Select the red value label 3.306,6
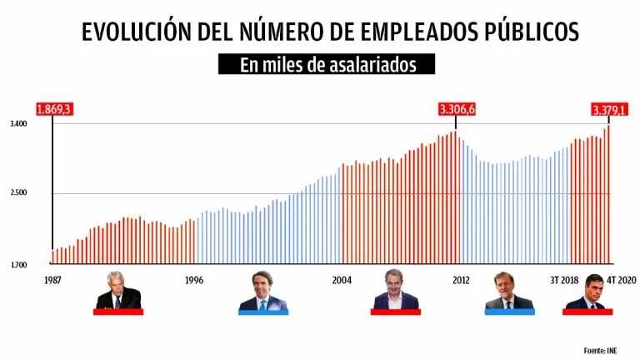click(x=457, y=109)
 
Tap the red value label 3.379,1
click(x=609, y=109)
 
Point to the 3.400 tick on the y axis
click(x=19, y=124)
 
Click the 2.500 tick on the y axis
click(x=19, y=193)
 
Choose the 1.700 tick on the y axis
click(x=19, y=265)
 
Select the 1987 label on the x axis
click(x=53, y=280)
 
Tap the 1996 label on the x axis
click(x=194, y=280)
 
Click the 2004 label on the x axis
click(x=342, y=280)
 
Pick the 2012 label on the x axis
click(x=460, y=280)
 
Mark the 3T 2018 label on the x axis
click(x=564, y=280)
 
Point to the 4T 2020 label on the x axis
click(x=621, y=280)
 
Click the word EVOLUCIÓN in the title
click(x=132, y=32)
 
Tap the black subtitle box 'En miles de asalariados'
click(x=327, y=65)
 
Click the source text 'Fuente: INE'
click(x=605, y=350)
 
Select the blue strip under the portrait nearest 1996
click(x=262, y=312)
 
